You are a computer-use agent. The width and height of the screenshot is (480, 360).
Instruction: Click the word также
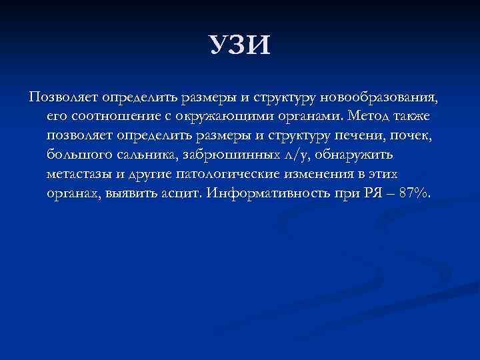point(411,117)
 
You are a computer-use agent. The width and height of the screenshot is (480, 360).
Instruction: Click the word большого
point(76,156)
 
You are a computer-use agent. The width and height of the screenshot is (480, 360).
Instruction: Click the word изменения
point(315,175)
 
